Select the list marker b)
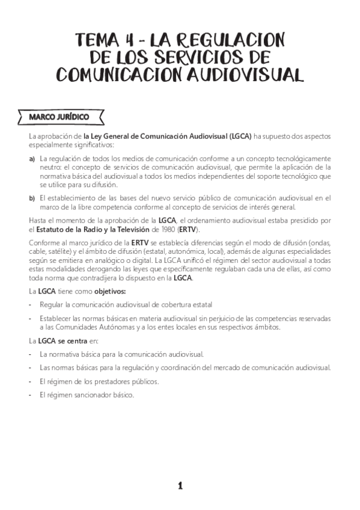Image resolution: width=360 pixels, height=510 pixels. pos(32,197)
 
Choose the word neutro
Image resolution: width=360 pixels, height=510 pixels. pos(50,168)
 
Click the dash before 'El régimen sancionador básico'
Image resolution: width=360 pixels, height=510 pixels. pos(30,395)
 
